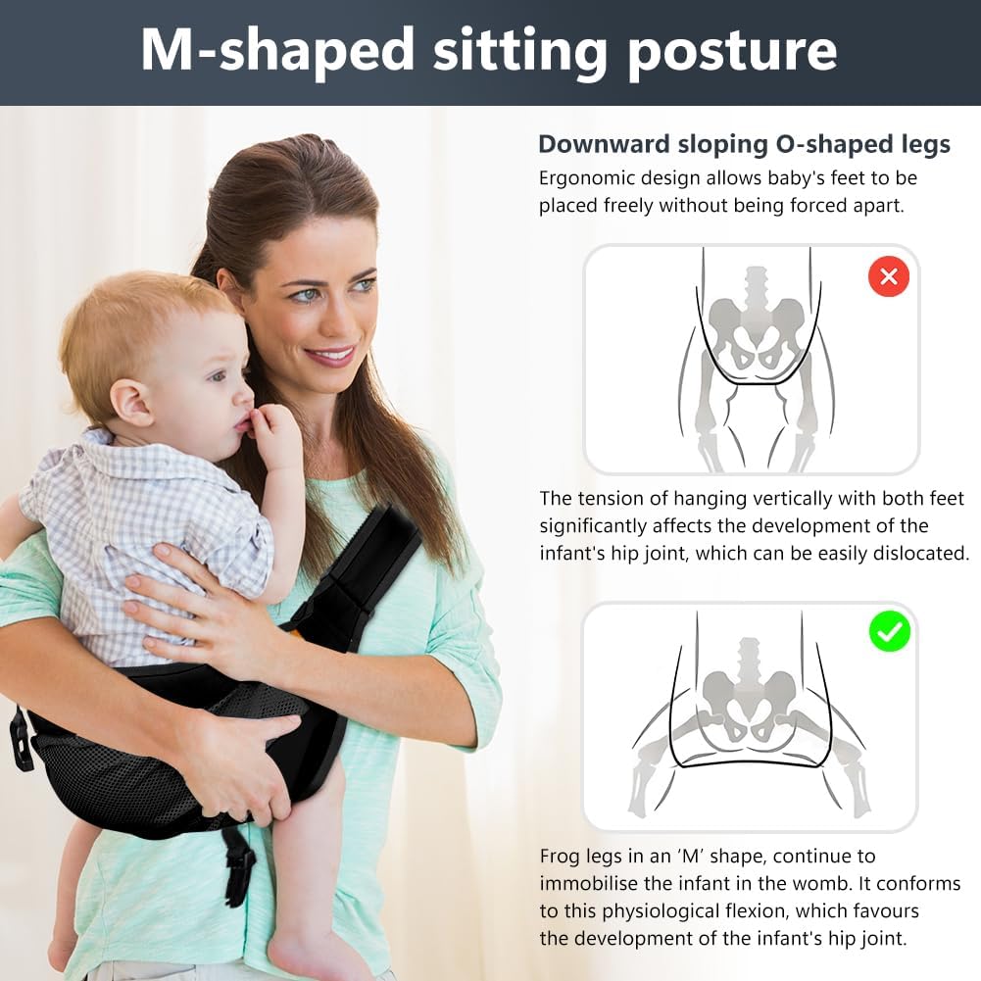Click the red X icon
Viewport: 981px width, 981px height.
[889, 276]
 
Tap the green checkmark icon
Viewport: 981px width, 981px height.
[890, 632]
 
